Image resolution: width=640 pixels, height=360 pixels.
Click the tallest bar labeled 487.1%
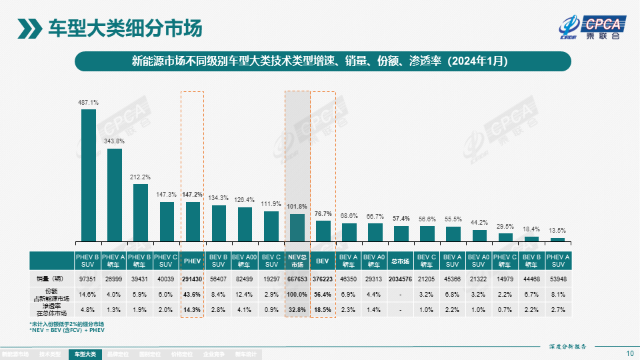coord(89,175)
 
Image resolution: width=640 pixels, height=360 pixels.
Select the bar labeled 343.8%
coord(115,194)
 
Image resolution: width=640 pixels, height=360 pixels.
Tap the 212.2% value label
coord(141,177)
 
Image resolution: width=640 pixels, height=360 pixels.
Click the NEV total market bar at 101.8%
coord(297,227)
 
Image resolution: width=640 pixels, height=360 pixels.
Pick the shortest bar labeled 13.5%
coord(557,239)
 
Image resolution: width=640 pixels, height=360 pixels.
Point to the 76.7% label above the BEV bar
coord(323,214)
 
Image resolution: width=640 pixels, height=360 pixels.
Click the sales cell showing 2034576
coord(401,278)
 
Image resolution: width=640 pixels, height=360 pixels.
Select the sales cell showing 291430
coord(193,278)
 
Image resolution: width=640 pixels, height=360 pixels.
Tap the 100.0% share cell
coord(297,293)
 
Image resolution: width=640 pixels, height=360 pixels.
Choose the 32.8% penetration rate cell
coord(297,309)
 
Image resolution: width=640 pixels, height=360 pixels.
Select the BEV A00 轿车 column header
coord(245,261)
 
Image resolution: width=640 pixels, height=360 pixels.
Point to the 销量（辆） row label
coord(51,278)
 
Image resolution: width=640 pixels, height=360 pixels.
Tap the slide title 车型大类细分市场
coord(125,28)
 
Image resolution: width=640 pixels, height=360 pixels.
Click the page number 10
coord(630,353)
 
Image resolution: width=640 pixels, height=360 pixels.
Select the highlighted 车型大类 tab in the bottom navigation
coord(85,355)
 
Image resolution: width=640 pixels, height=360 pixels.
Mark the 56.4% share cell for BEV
coord(323,293)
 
